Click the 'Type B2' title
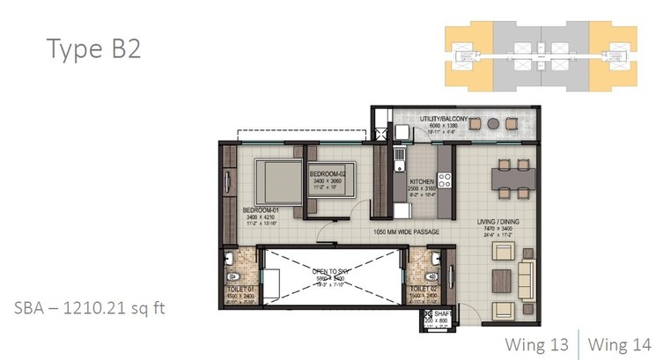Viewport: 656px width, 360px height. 92,48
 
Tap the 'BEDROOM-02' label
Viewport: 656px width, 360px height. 331,174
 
